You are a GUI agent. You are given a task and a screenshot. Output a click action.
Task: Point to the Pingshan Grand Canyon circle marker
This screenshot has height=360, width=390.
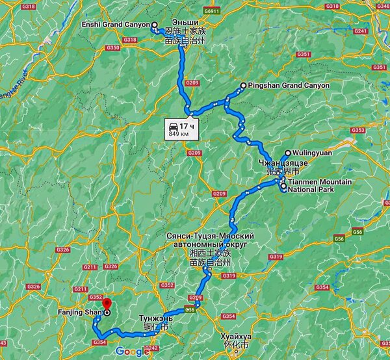pos(243,85)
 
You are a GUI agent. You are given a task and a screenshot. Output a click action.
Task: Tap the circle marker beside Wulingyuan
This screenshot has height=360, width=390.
pos(288,153)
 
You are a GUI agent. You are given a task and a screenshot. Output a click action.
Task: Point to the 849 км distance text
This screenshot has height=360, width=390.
pos(179,134)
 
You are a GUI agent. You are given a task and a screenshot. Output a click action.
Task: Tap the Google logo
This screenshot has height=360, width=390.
pos(133,352)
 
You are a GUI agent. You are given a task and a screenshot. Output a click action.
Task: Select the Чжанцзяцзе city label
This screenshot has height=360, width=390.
pos(279,162)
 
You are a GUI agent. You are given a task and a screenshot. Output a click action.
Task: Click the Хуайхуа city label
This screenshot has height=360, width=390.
pos(235,337)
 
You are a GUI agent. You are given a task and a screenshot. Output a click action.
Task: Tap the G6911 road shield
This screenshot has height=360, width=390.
pos(211,12)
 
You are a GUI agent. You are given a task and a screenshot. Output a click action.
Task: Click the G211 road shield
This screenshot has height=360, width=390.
pos(81,289)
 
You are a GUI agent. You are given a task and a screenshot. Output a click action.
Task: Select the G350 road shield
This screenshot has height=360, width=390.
pos(112,47)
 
